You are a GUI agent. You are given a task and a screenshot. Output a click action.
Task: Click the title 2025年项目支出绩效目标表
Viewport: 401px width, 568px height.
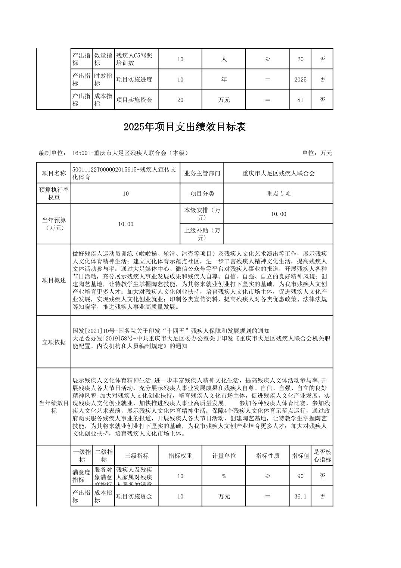185,127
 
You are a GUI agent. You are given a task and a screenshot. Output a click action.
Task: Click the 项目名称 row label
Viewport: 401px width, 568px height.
54,173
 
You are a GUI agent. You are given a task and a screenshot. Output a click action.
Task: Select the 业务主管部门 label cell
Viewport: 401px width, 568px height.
202,173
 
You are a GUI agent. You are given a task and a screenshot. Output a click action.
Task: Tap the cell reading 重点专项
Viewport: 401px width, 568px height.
279,194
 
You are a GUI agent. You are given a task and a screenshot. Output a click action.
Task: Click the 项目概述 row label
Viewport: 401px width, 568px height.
54,280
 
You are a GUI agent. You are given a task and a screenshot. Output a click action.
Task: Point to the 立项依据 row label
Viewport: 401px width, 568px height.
54,342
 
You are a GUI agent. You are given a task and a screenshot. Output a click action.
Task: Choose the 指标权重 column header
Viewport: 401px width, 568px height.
180,456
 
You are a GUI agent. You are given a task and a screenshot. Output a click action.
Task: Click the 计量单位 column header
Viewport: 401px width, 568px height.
224,456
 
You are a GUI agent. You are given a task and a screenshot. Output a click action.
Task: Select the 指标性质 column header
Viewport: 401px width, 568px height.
268,456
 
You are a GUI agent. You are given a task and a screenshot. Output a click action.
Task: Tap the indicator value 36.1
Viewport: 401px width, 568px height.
300,496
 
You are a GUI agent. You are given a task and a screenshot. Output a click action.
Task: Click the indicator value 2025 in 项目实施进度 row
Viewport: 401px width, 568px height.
300,80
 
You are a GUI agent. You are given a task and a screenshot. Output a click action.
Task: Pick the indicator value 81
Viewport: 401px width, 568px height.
300,100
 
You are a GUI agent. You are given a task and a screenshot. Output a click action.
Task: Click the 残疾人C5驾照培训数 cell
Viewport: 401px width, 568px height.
136,59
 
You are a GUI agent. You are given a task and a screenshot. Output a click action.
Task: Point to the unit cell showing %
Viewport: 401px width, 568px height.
224,476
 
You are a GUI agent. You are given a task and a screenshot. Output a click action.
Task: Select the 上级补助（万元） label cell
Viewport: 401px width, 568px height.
202,234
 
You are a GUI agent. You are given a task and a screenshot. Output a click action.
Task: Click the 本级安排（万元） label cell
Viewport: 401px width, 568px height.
202,214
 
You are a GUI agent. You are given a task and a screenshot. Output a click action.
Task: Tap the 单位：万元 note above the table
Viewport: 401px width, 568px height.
317,153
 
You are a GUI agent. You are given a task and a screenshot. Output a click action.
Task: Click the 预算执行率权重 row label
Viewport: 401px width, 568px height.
54,194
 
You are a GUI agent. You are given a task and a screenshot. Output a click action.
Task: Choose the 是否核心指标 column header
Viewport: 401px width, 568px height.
322,456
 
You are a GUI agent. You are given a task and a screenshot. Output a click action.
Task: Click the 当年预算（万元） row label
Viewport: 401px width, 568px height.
54,224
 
